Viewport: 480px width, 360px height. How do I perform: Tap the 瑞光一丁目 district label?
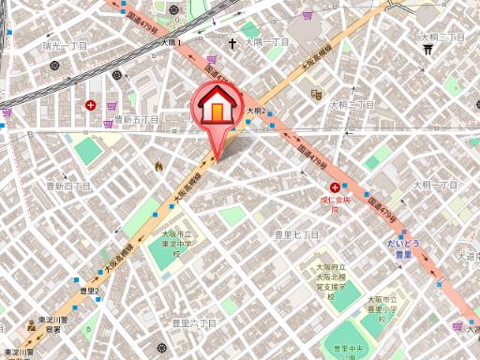point(65,44)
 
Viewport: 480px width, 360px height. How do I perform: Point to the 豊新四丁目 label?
point(68,186)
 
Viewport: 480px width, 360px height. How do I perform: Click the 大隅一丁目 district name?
point(268,42)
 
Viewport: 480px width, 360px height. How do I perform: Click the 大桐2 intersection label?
point(256,111)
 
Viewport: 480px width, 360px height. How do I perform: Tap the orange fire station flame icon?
point(158,166)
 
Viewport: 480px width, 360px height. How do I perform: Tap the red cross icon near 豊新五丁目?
point(90,106)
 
